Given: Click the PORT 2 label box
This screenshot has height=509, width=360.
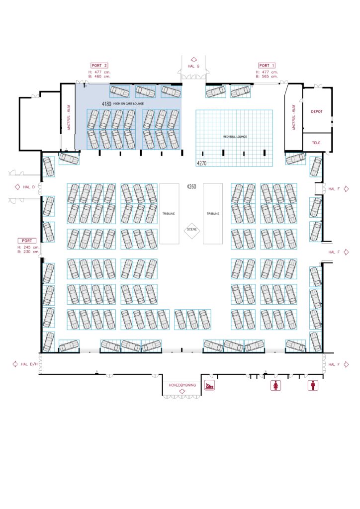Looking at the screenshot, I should click(99, 65).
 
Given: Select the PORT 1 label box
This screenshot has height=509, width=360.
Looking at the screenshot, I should click(267, 65).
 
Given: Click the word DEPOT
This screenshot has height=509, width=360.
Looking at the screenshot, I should click(317, 112).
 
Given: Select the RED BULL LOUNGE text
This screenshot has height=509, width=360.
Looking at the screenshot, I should click(235, 136).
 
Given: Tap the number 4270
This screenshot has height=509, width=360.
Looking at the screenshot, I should click(201, 163).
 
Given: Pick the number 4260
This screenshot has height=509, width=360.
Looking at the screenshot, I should click(191, 186).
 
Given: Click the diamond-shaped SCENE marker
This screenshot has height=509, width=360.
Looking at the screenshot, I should click(191, 230).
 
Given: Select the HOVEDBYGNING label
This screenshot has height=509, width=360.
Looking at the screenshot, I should click(182, 385).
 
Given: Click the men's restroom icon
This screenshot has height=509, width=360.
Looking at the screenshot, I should click(313, 385).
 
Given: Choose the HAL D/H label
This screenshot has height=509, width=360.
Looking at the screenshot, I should click(29, 364).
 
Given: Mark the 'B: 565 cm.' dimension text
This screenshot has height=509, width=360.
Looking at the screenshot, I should click(267, 77).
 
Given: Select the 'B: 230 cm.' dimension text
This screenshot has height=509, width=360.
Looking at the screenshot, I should click(28, 251).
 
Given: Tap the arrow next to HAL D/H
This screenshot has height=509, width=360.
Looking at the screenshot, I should click(14, 364).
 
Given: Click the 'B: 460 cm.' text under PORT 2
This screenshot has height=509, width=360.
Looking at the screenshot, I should click(99, 77).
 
